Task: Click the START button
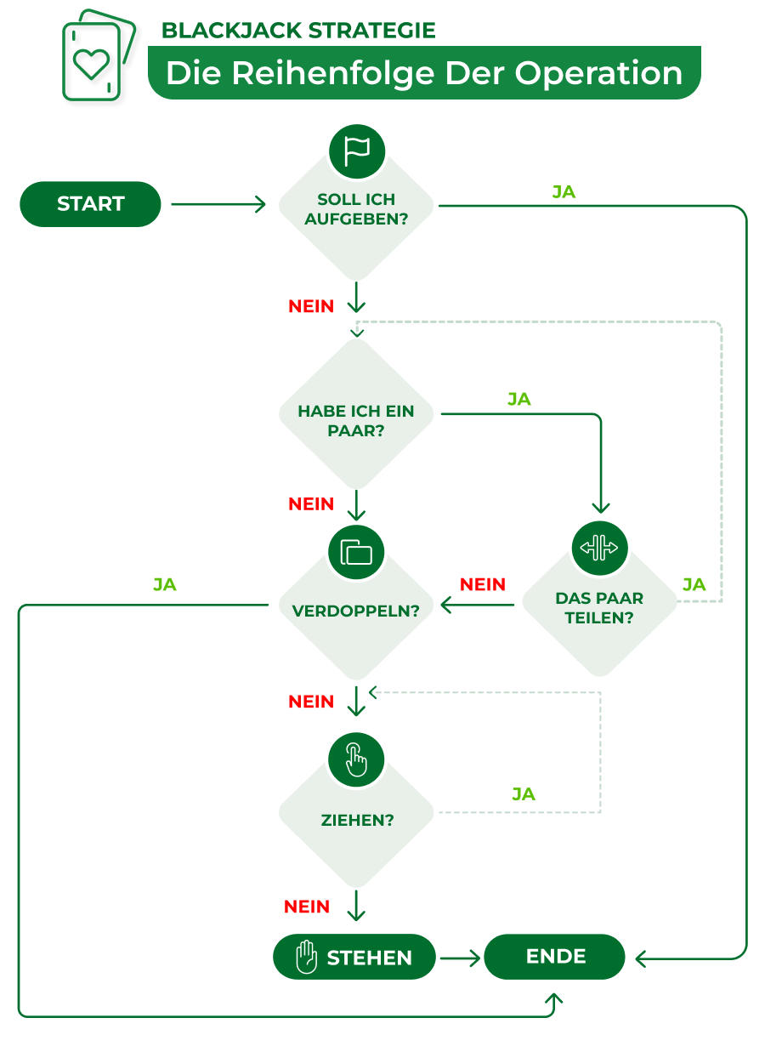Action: click(90, 204)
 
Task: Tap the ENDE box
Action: click(555, 957)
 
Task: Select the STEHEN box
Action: click(354, 958)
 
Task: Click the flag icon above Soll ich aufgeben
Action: click(357, 151)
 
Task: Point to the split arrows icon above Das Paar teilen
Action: click(599, 547)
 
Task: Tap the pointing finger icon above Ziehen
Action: click(357, 759)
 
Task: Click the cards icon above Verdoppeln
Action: click(357, 552)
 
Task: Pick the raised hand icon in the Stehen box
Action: click(305, 958)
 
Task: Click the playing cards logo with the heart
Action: click(96, 57)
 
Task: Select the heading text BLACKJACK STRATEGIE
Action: click(298, 31)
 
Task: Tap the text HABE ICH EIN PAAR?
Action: click(356, 421)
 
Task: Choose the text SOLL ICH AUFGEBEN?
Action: click(356, 209)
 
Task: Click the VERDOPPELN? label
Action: click(356, 611)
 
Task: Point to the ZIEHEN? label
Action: click(357, 821)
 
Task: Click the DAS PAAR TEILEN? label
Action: click(599, 608)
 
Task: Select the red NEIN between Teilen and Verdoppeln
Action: click(482, 585)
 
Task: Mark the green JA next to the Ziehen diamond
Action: click(524, 794)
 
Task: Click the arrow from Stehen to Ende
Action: click(460, 958)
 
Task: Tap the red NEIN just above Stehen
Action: click(307, 907)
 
